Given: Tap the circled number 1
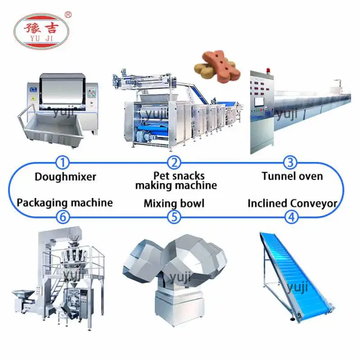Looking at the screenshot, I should [63, 163].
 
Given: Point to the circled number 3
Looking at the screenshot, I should [291, 163].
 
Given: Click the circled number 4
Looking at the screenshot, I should [292, 217].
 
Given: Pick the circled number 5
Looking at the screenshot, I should [175, 217].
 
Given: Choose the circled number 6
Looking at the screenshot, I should [63, 217].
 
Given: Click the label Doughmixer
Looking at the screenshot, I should [65, 177].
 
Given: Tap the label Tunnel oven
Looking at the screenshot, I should [292, 176].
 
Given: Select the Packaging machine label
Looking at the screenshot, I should [65, 203].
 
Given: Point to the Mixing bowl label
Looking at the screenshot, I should [174, 204].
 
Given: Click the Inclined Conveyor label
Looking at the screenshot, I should [292, 204].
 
